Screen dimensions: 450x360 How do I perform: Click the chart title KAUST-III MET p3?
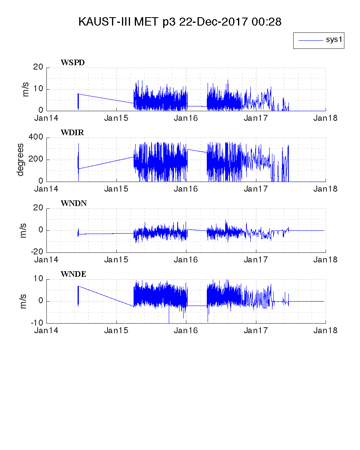pos(180,22)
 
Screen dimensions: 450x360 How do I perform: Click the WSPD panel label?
pos(73,62)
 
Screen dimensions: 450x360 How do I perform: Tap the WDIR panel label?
pos(72,133)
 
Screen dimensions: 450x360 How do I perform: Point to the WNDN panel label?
pos(74,203)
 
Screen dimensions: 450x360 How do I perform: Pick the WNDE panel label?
pos(73,274)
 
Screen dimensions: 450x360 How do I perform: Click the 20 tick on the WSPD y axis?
pos(38,67)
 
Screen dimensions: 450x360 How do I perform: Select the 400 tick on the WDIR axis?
pos(36,138)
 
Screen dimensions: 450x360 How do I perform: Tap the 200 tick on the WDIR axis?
pos(36,160)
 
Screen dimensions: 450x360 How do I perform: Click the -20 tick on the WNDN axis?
pos(36,252)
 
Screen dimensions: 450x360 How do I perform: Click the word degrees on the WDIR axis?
pos(20,160)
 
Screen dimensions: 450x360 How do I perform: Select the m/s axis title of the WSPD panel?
pos(26,89)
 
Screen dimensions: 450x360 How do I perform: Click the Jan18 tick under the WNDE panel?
pos(326,330)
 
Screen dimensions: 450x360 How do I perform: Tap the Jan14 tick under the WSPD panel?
pos(47,118)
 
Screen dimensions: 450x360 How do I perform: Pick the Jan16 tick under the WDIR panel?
pos(186,189)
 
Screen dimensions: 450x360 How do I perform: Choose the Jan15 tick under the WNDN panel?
pos(116,260)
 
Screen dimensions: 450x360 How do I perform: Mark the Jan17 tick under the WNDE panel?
pos(256,330)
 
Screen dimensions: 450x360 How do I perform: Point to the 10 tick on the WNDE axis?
pos(38,279)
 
